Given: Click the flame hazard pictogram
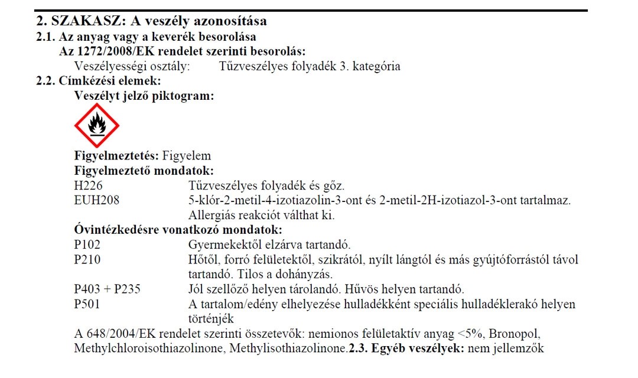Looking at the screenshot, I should (96, 125).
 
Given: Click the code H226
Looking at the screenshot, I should (87, 186).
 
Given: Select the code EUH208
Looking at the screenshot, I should (97, 201).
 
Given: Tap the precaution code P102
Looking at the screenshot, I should (87, 245).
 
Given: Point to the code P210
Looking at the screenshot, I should (87, 260).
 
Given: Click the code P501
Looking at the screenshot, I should (87, 304).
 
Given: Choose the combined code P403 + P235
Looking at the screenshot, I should (107, 289).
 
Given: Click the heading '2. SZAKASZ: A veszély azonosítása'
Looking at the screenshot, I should (152, 21).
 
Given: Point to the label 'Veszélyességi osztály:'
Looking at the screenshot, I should (132, 66).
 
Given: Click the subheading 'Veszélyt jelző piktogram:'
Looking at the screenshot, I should (144, 95).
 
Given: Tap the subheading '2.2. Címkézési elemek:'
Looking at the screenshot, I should (99, 81).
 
